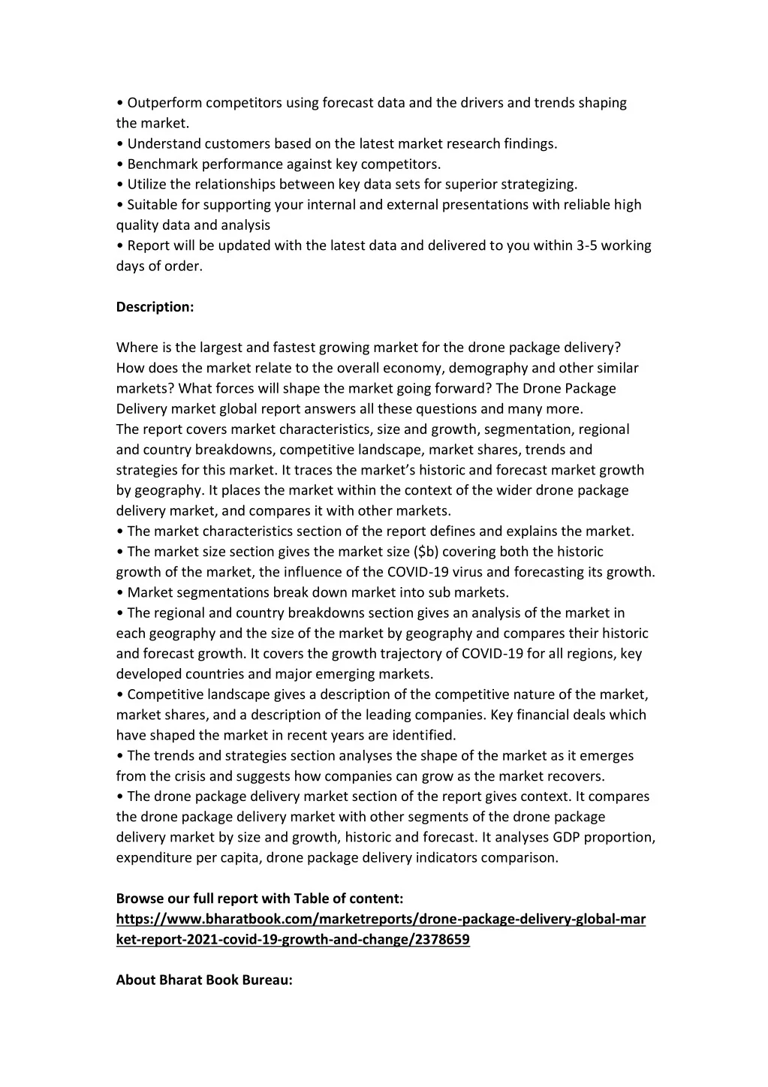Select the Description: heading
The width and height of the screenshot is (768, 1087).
155,307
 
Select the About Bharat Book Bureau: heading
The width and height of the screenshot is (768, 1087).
203,980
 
